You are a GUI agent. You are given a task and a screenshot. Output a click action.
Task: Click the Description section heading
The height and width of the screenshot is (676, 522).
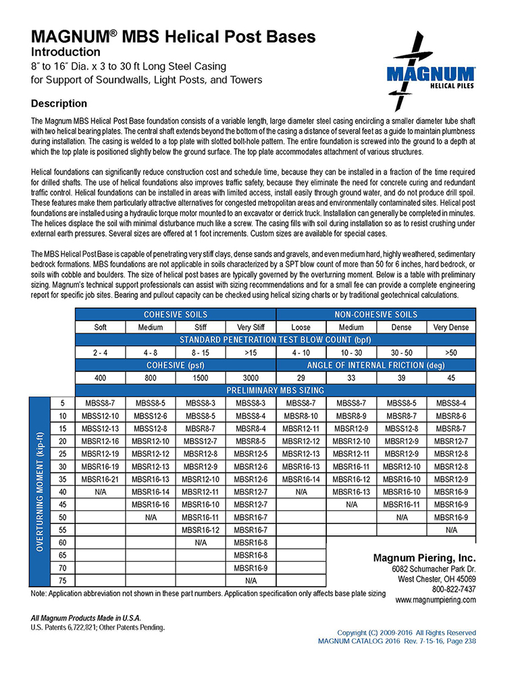[59, 103]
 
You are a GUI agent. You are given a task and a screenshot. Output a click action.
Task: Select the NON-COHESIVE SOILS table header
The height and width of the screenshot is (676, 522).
[376, 314]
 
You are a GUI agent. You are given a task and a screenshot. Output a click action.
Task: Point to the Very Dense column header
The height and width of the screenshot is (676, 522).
[451, 327]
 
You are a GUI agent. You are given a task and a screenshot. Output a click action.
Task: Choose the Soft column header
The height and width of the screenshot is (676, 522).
[101, 327]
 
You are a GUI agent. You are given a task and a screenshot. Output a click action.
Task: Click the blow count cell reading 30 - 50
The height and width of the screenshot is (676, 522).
[401, 352]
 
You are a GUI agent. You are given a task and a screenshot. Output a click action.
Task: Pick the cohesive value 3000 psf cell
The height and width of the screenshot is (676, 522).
[251, 377]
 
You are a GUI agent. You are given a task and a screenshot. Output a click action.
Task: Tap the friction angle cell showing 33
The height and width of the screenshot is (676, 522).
[351, 377]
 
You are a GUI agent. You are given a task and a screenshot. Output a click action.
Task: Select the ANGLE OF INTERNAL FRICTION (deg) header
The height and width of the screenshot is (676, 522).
[376, 365]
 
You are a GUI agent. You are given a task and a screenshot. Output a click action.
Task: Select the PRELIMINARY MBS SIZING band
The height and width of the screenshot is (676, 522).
[276, 390]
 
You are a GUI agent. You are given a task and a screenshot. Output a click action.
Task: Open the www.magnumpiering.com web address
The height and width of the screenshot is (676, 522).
[436, 600]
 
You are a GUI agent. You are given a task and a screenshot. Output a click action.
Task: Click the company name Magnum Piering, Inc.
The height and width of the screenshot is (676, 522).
[424, 558]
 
